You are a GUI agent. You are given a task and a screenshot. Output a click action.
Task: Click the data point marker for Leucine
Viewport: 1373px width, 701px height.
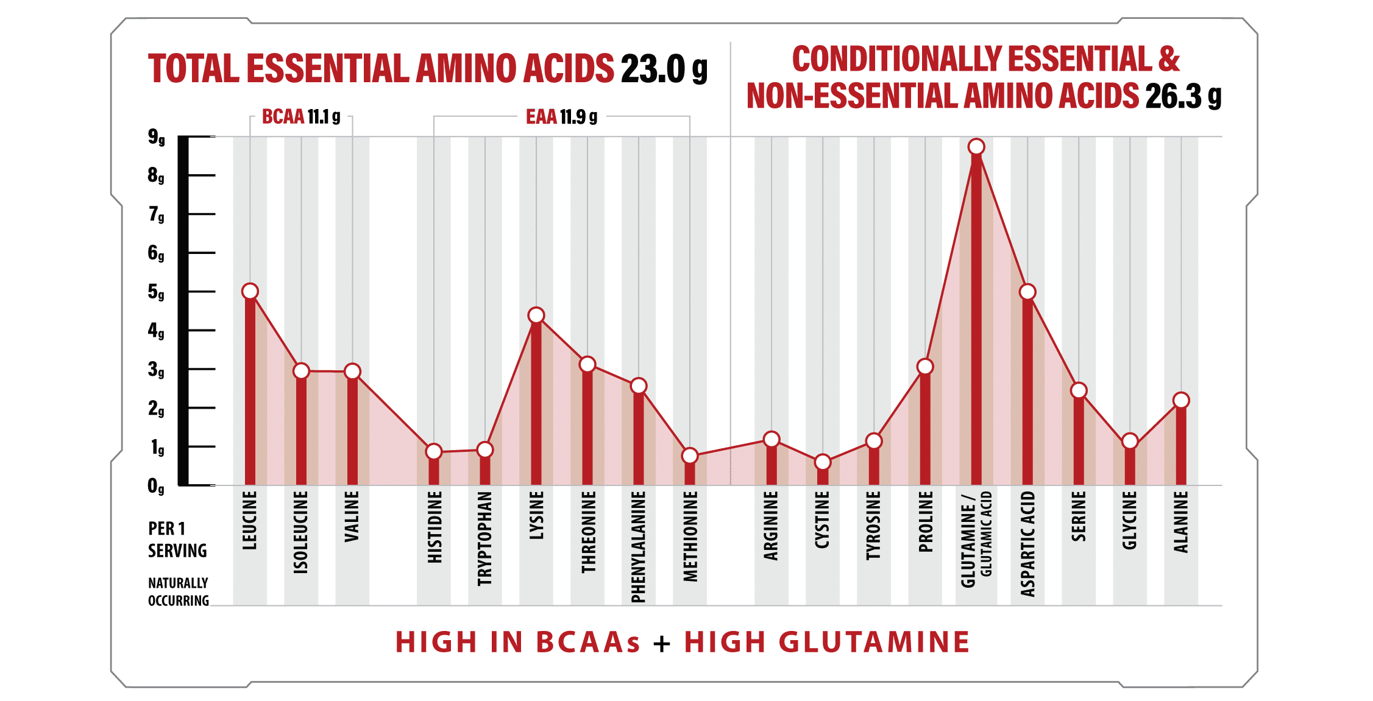point(250,292)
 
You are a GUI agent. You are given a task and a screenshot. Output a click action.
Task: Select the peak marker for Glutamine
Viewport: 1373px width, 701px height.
point(976,147)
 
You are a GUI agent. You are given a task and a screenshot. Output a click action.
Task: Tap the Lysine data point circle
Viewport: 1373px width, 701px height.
point(536,315)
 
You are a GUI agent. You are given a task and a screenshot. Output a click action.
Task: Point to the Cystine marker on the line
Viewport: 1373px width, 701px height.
point(823,462)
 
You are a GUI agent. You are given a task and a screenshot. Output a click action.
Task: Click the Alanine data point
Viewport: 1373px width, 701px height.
point(1181,400)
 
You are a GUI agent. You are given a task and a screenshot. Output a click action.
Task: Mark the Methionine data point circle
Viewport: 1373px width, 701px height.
point(690,456)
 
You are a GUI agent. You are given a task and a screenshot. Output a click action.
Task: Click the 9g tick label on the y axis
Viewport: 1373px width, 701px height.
point(156,138)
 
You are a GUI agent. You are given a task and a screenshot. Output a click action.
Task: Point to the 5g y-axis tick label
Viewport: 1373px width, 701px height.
point(156,292)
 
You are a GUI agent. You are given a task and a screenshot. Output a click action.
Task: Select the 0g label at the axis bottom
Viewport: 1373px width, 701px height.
point(156,486)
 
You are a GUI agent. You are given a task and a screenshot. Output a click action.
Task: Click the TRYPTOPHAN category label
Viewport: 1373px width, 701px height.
point(484,538)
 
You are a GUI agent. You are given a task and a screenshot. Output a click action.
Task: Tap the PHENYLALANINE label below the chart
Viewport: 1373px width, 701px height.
point(638,547)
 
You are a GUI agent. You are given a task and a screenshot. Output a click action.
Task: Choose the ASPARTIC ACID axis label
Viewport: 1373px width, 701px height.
point(1028,543)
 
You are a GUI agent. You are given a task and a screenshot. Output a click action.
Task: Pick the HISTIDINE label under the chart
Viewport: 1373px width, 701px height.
point(434,527)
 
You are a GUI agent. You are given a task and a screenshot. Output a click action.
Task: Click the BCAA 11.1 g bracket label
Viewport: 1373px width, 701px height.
point(301,116)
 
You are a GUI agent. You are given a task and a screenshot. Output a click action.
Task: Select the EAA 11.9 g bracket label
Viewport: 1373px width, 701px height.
point(561,116)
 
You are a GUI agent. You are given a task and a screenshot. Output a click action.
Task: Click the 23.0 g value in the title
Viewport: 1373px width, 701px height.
point(664,69)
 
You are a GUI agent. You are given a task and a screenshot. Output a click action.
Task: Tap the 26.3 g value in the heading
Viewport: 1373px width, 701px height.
point(1183,96)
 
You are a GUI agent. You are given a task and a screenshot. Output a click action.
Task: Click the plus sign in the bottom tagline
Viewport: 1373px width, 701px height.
point(662,643)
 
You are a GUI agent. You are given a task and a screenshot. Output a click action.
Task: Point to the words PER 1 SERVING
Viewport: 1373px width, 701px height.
point(177,540)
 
